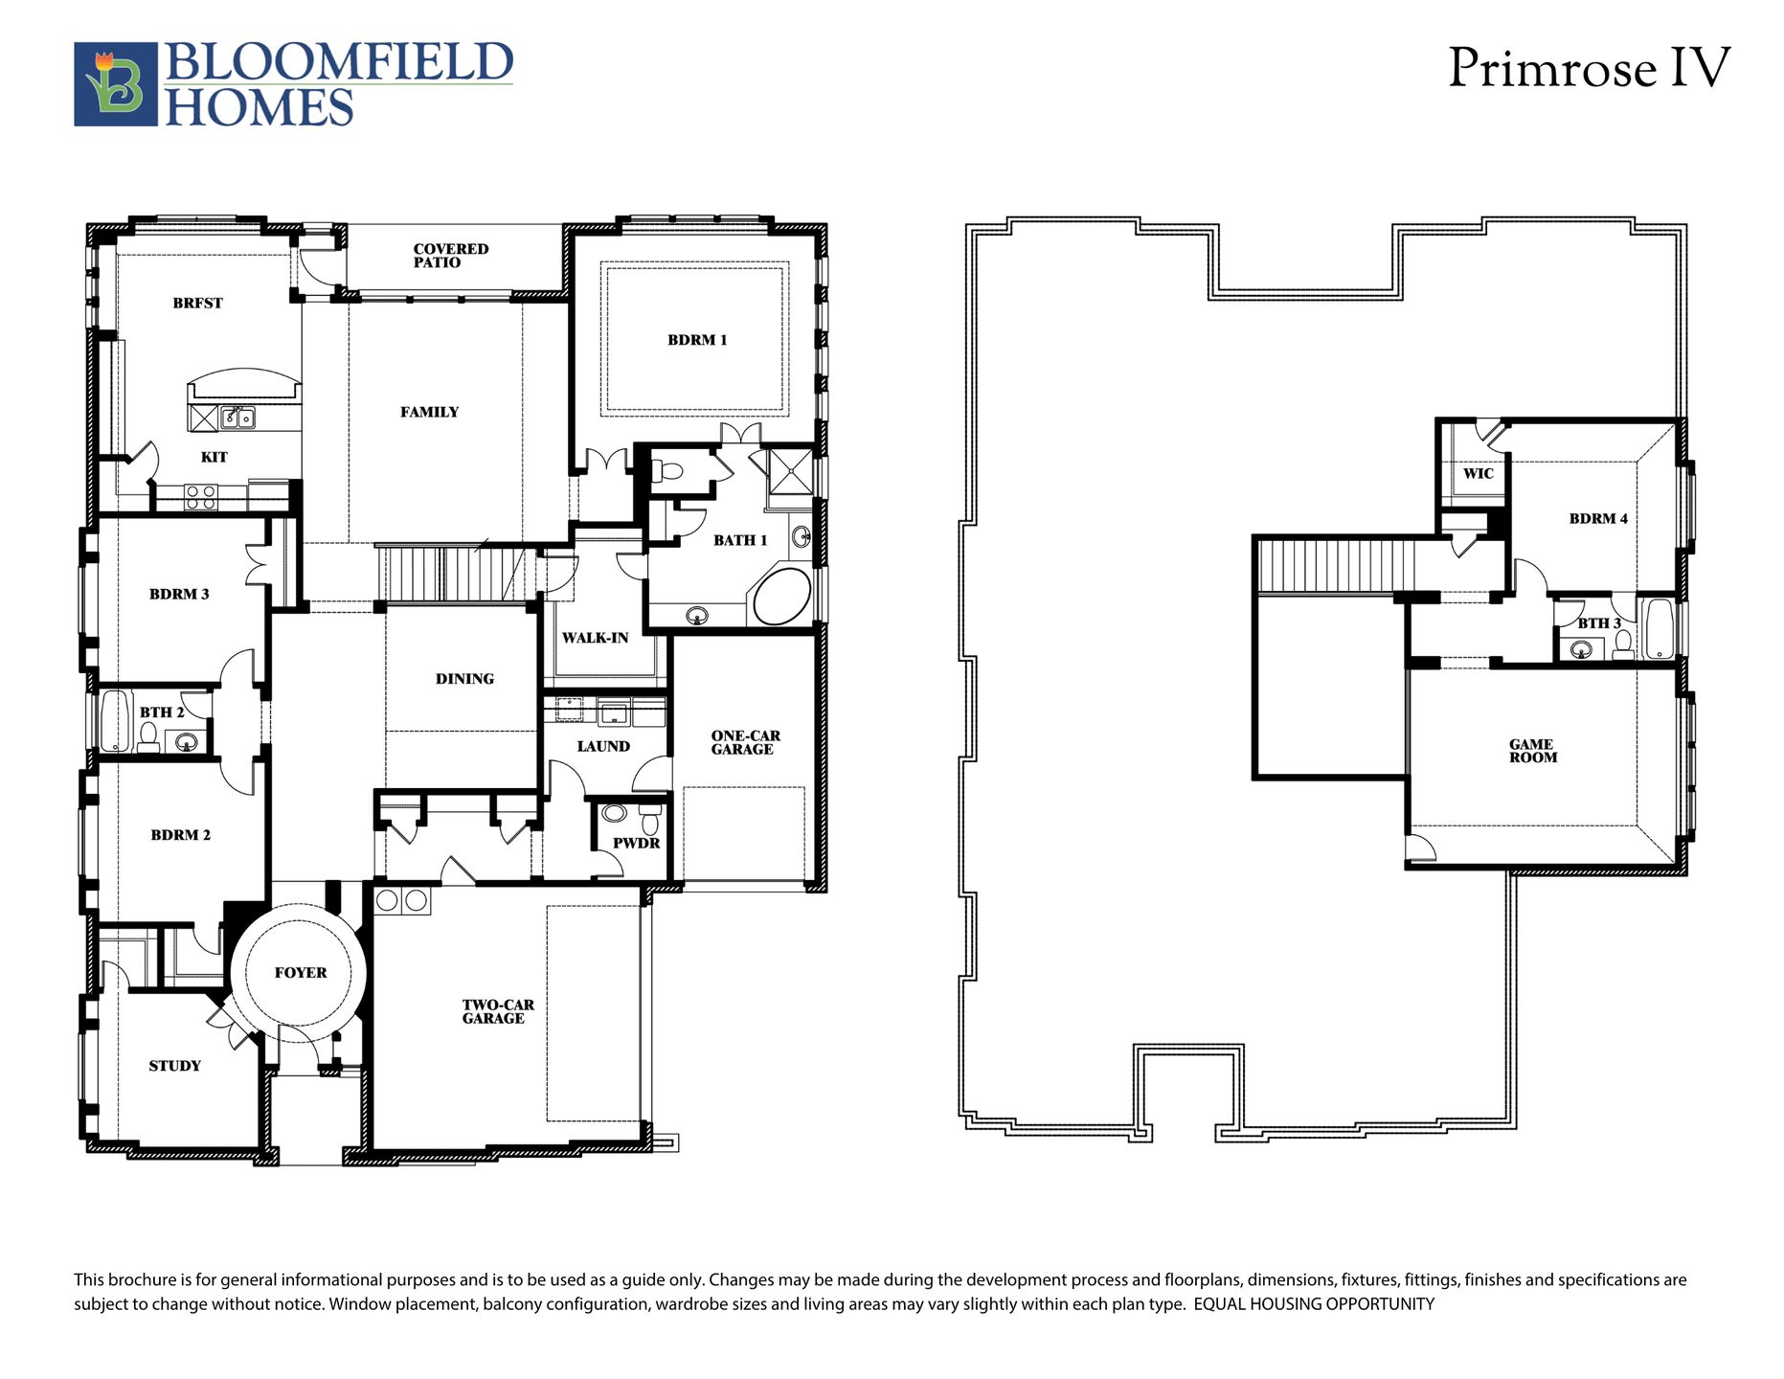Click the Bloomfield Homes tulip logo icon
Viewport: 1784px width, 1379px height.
116,84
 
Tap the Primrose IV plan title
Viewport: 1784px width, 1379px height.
1589,68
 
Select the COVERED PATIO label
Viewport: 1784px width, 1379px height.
451,256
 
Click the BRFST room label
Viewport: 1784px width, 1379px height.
197,304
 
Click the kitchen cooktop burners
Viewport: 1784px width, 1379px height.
201,496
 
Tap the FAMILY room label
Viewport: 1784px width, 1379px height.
429,413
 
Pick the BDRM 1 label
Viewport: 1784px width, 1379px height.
697,340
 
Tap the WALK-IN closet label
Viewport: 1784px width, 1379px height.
595,638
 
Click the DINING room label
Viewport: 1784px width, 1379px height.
464,679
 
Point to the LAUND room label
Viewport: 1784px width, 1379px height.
603,747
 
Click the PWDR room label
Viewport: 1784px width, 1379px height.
637,844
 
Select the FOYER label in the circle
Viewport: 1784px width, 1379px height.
301,973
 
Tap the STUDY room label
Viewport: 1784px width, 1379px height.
174,1066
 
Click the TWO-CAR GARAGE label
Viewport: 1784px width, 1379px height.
497,1011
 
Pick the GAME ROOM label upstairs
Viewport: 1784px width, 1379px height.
1533,751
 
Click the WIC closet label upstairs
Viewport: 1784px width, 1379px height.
1478,474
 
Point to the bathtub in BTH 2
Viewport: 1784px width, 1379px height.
116,720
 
